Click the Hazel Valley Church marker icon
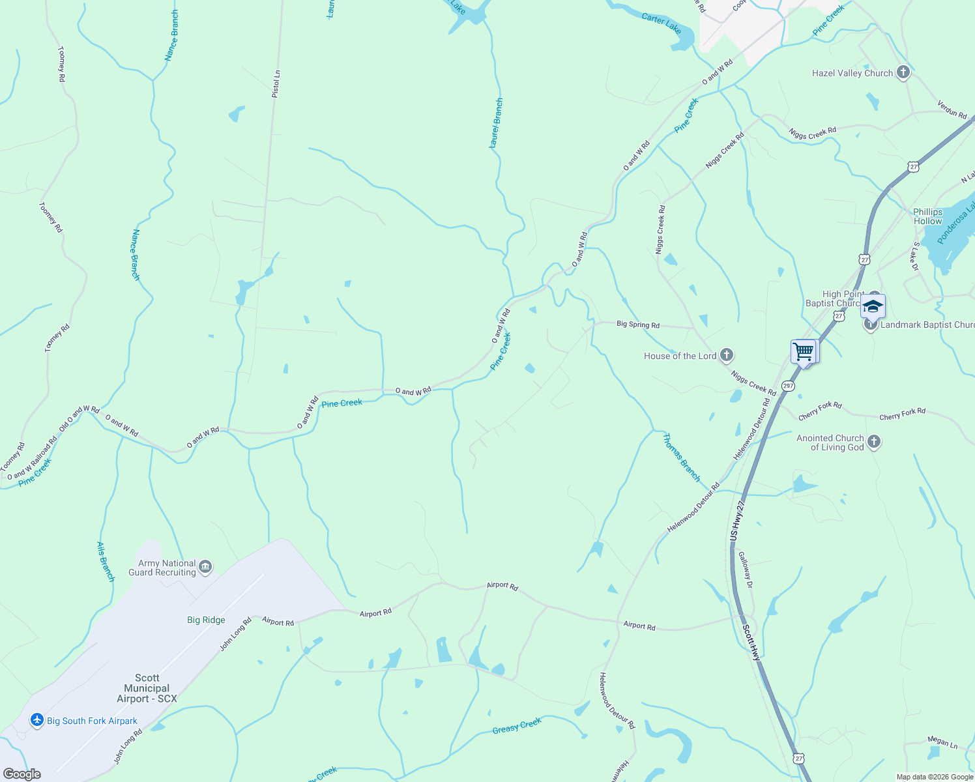[903, 72]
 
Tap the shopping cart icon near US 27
[804, 352]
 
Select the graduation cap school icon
[872, 306]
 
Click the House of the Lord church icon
[727, 356]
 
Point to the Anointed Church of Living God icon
[874, 442]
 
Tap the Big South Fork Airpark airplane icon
[37, 720]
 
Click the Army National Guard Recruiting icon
[205, 568]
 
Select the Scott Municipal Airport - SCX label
[147, 688]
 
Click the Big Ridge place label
[206, 620]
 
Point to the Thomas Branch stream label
[681, 457]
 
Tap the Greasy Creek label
[517, 725]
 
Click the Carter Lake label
[661, 23]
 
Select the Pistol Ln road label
[276, 84]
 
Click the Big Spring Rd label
[637, 325]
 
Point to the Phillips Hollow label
[927, 216]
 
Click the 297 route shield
[788, 386]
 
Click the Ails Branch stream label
[106, 561]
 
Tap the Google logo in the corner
[22, 774]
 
